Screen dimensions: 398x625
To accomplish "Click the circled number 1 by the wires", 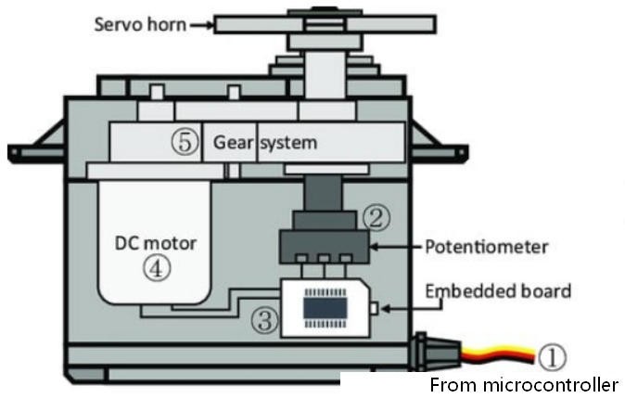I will coord(552,356).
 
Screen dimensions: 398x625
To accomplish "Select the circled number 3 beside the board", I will coord(265,321).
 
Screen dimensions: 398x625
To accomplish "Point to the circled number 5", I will coord(185,143).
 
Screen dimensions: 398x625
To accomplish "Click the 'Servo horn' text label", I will coord(138,24).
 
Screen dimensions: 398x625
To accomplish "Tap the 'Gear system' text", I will coord(265,143).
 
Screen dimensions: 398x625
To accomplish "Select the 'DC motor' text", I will coord(156,244).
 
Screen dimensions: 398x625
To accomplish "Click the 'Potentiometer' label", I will coord(487,248).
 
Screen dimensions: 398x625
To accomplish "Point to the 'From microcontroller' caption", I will coord(524,384).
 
